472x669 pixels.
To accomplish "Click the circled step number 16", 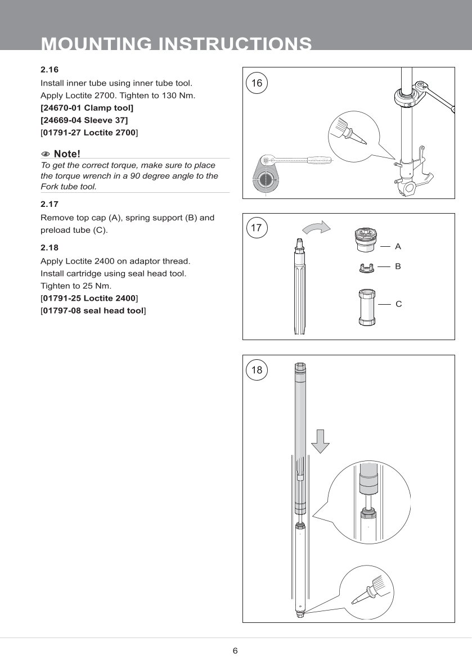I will (x=257, y=83).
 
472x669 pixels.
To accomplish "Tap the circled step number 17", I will (x=257, y=228).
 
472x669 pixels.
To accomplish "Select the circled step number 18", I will (x=257, y=370).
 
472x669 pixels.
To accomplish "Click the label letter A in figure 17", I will (x=398, y=246).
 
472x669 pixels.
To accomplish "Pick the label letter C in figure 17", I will (x=398, y=304).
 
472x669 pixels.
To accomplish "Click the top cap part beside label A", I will (x=366, y=242).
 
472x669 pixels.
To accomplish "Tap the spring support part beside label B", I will (x=366, y=268).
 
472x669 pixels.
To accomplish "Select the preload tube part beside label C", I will (x=366, y=306).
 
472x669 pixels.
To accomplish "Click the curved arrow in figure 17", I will (x=316, y=227).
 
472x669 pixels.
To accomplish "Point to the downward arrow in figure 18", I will (x=320, y=440).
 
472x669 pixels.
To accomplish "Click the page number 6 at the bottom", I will (x=235, y=651).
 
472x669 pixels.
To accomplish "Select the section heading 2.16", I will (x=50, y=70).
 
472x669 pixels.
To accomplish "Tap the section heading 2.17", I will (x=50, y=204).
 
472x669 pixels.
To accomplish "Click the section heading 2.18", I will (x=50, y=247).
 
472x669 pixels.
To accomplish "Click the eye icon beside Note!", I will (x=46, y=154).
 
